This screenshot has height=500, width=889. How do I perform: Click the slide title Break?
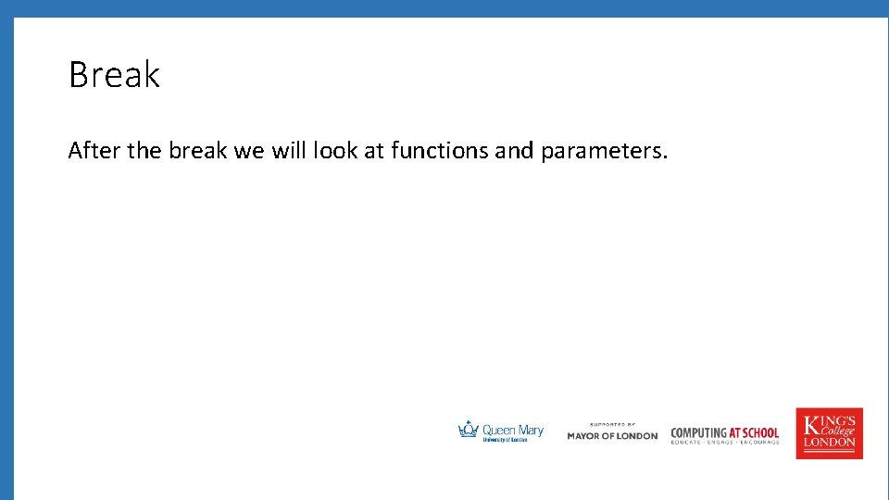[114, 75]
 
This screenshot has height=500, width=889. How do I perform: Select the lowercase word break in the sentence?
[198, 150]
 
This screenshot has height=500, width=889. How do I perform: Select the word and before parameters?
[514, 150]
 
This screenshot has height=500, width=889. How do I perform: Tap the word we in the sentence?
[248, 150]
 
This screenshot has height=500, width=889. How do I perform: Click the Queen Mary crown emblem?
[469, 429]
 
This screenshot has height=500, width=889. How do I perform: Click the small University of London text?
[505, 441]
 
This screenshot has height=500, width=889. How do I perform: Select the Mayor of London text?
[612, 436]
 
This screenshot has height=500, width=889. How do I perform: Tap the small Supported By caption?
[612, 424]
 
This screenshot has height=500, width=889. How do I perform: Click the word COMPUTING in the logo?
[698, 432]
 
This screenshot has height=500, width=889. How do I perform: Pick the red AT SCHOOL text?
[754, 432]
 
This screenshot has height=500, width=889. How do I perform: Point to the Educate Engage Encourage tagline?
[725, 443]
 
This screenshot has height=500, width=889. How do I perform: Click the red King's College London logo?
[829, 433]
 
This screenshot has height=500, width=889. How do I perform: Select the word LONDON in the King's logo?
[829, 443]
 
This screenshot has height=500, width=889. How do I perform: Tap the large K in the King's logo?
[812, 425]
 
